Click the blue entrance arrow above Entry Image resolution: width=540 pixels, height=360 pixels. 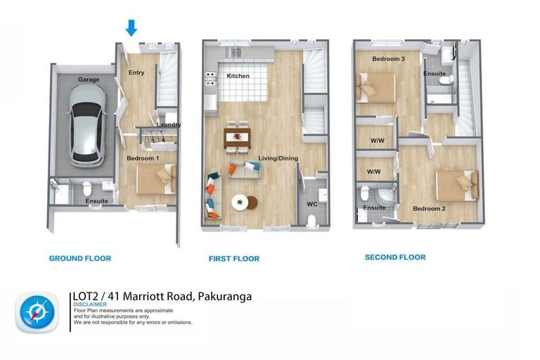tap(131, 27)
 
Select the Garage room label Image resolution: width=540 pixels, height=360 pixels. tap(89, 80)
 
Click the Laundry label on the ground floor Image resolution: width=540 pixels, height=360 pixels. tap(169, 125)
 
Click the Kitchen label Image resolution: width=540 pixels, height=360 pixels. tap(238, 76)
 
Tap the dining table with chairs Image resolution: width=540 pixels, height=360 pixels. tap(236, 136)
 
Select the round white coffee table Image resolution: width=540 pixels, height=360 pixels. tap(240, 202)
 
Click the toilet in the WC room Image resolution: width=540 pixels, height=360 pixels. tap(312, 220)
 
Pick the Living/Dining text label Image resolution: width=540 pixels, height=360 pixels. tap(278, 159)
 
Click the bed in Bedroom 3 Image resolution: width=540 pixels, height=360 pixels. tap(375, 89)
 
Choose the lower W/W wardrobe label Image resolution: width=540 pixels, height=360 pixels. tap(373, 172)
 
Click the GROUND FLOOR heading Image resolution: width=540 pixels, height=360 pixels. tap(79, 259)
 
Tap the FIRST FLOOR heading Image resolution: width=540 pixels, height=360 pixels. tap(234, 259)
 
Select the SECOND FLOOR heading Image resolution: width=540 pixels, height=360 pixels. tap(394, 257)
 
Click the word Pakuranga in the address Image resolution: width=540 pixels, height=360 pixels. tap(225, 297)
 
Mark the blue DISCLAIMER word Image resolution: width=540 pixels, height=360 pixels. tap(90, 305)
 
